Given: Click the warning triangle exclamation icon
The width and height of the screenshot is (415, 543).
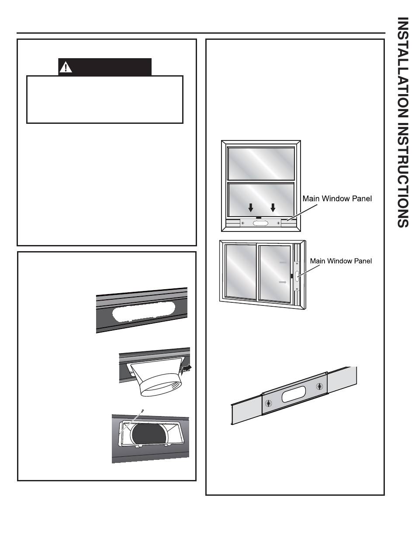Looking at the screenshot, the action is coord(66,67).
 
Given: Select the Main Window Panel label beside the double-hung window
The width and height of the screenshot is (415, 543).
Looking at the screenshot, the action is coord(338,199).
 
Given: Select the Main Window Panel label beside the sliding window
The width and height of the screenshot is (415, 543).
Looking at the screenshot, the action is coord(341,261).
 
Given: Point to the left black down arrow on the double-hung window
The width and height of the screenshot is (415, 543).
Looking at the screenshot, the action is coord(250,207).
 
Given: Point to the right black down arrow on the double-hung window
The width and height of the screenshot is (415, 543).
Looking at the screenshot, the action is coord(273,207).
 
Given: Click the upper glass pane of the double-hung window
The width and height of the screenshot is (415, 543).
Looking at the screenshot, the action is coord(261,164).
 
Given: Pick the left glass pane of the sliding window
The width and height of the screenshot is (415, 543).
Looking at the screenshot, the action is coord(241,271).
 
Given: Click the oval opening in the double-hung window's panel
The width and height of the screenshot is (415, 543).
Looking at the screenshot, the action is coord(261,223).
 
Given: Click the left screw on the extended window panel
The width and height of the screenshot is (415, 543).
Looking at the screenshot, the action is coord(268,403).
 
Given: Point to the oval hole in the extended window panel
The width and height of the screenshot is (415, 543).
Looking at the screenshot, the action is coord(294,395).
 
